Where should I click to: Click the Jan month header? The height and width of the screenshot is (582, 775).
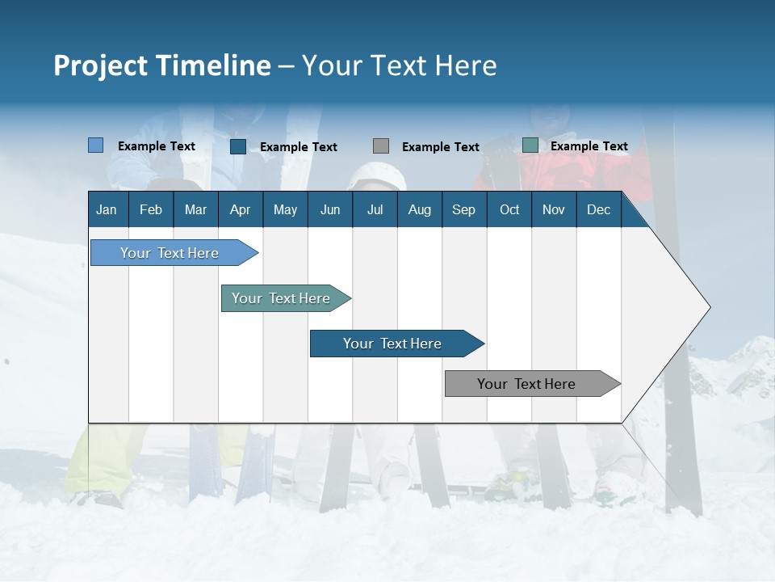click(107, 209)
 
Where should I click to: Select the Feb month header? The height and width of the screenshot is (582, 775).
click(151, 209)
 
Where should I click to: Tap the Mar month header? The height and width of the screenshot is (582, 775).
click(195, 209)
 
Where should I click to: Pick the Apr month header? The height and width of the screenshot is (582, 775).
click(240, 209)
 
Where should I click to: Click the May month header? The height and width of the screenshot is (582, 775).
click(285, 209)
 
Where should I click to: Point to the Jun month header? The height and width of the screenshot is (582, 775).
click(330, 209)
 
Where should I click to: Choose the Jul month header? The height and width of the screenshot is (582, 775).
click(375, 209)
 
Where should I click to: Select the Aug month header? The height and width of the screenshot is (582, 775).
click(420, 209)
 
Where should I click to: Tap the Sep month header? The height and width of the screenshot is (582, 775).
click(464, 209)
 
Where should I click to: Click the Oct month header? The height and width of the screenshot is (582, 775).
click(509, 209)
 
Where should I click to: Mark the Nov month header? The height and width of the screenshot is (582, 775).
click(554, 209)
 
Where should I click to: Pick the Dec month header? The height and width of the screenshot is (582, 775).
click(599, 209)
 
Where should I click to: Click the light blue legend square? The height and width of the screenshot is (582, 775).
click(96, 145)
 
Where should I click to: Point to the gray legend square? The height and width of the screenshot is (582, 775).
click(381, 146)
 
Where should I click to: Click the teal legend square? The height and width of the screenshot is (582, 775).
click(530, 145)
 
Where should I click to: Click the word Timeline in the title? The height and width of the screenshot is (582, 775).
click(215, 65)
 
